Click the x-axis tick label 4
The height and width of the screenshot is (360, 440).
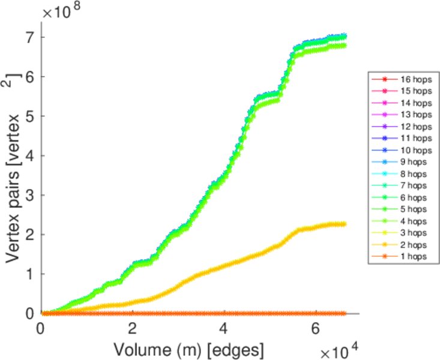[x=224, y=328]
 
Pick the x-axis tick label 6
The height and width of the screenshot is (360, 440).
[x=315, y=328]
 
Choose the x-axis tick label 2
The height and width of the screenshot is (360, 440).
[x=133, y=328]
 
